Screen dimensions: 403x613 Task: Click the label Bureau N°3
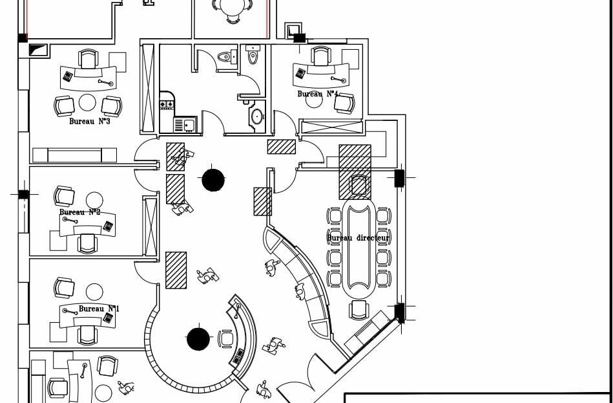[89, 121]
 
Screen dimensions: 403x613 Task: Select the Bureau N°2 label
[80, 212]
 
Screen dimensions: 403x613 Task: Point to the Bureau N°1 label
[99, 309]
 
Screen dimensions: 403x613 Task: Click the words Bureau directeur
[358, 238]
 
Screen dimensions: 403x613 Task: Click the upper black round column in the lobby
[213, 180]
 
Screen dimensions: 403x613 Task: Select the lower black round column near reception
[198, 338]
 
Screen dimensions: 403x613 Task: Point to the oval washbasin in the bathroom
[256, 117]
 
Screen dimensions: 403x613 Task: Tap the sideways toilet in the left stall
[225, 57]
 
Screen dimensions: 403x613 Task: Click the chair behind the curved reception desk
[226, 338]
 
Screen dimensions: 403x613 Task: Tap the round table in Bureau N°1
[94, 292]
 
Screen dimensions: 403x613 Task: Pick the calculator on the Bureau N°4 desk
[300, 73]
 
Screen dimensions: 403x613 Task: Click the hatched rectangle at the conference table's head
[355, 162]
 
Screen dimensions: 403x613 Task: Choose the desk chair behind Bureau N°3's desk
[88, 59]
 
